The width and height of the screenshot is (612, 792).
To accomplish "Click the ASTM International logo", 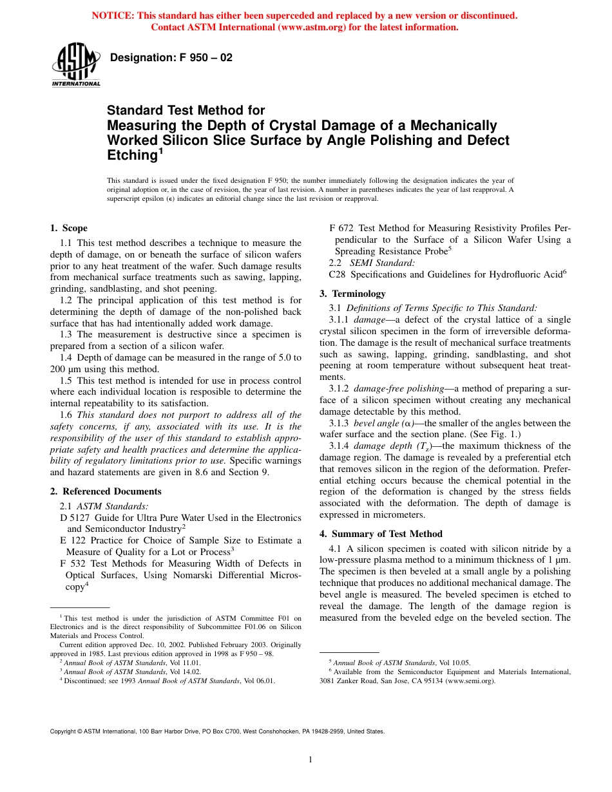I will (x=76, y=66).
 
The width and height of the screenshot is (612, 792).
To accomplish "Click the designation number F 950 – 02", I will (x=171, y=58).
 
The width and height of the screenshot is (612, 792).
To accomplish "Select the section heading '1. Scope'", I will (x=69, y=228).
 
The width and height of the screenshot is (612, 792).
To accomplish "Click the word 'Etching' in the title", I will (x=132, y=155).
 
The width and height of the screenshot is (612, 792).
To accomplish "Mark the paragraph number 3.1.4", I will (x=339, y=446).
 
